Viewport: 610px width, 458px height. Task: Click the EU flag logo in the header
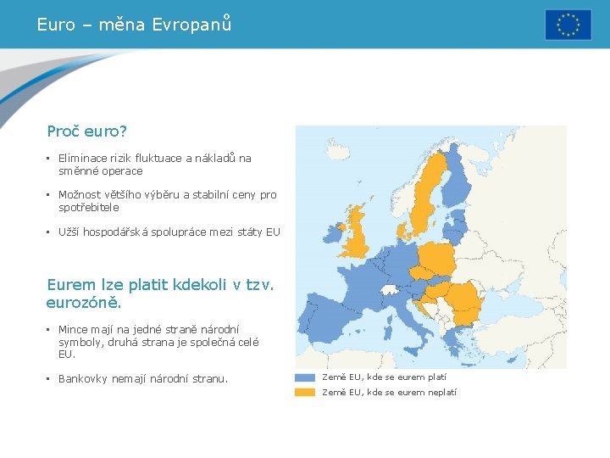(568, 25)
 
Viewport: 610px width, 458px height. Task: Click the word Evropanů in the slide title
(191, 25)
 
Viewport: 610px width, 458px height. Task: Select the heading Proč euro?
(87, 131)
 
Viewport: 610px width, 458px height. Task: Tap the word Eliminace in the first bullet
(83, 158)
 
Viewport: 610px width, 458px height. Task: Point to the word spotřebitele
(89, 207)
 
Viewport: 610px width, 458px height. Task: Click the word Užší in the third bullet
(71, 232)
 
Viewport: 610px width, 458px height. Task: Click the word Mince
(73, 329)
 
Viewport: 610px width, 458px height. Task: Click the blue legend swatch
(305, 377)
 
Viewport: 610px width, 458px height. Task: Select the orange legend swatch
(305, 392)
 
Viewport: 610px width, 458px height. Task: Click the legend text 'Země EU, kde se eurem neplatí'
(389, 392)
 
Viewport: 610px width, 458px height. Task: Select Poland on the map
(435, 258)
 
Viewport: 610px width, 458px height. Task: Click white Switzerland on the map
(390, 290)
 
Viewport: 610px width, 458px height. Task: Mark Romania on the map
(462, 298)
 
